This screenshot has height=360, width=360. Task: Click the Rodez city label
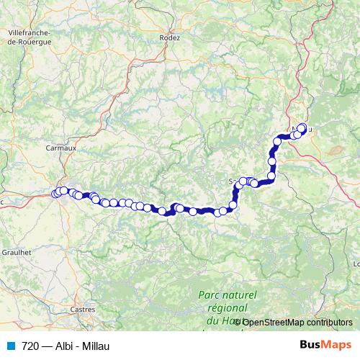[171, 37]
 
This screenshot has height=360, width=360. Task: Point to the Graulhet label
[17, 253]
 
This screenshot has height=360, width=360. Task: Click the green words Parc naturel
[227, 296]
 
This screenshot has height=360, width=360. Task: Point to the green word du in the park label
[212, 320]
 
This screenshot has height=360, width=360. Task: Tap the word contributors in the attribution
[329, 322]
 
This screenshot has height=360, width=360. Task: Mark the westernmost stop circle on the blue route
[55, 193]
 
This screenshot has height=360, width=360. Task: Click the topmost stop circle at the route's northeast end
[302, 128]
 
